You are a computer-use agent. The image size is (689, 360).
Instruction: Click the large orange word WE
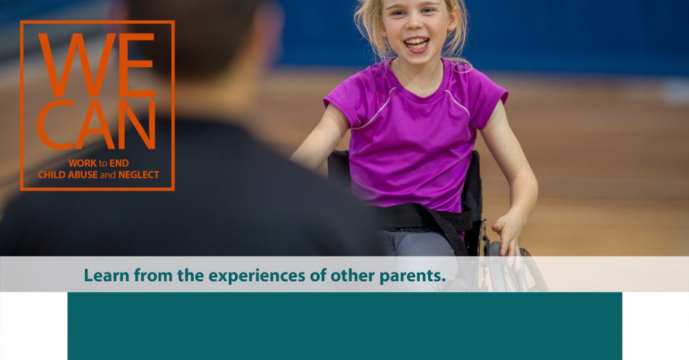point(97,65)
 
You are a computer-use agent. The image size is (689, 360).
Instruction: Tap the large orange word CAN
point(97,125)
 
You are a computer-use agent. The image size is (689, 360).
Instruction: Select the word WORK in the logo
point(83,164)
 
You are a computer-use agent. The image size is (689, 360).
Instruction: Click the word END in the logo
point(119,164)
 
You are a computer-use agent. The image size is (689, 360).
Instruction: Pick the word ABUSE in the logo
point(83,175)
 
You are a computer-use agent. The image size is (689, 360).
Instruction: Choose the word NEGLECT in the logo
point(139,175)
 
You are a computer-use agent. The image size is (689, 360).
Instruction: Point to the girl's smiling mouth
point(416,44)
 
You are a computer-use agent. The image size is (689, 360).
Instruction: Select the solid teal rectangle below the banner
point(345,326)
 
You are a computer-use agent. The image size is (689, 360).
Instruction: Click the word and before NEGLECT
point(108,175)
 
